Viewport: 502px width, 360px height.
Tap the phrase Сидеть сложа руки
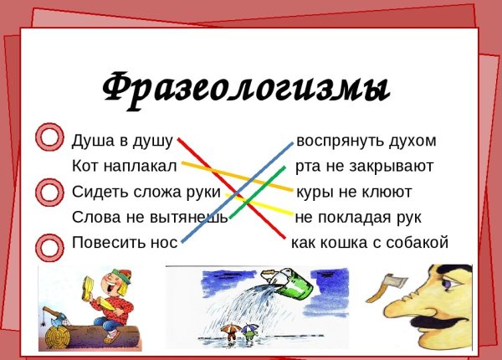click(x=146, y=193)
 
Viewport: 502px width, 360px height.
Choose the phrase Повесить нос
click(x=125, y=243)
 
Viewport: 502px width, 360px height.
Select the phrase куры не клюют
click(x=354, y=193)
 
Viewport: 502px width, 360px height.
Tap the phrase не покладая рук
click(x=358, y=218)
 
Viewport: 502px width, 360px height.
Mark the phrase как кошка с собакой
click(x=370, y=243)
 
